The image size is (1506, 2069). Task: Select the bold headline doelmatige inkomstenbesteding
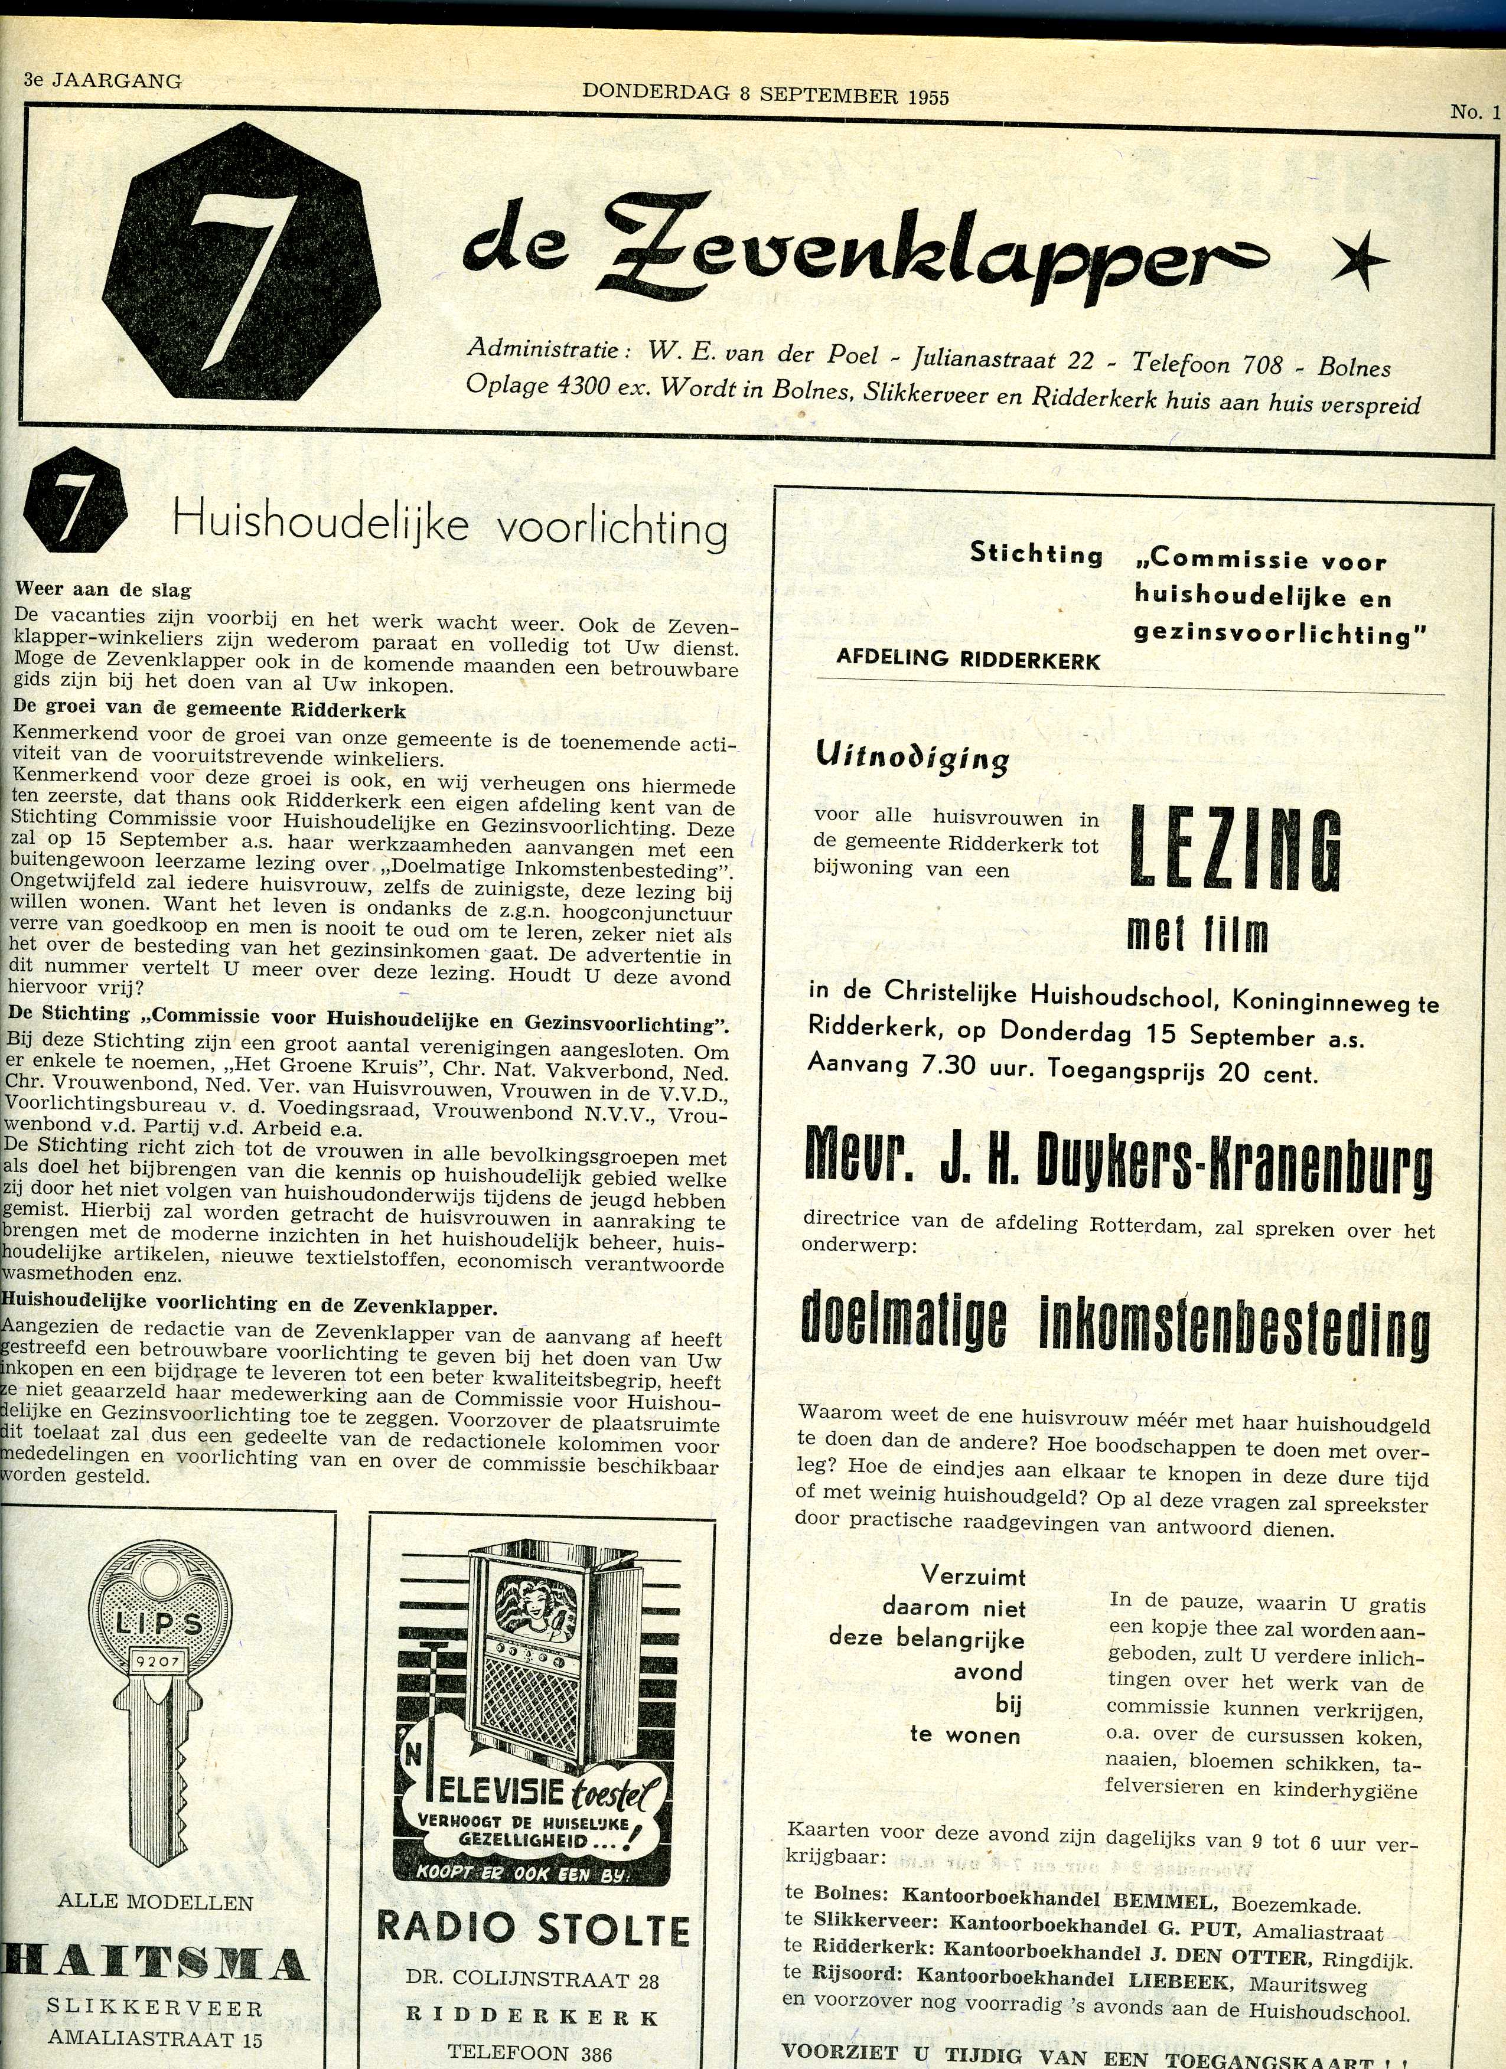pos(1114,1324)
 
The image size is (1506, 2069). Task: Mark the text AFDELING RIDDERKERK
pos(968,660)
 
